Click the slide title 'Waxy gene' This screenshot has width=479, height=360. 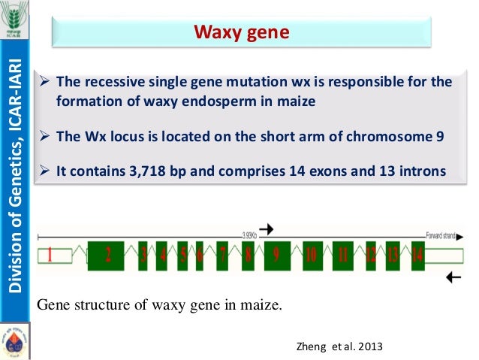pos(241,32)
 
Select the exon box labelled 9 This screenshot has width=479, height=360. pos(276,256)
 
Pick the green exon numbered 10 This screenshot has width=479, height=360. pos(311,256)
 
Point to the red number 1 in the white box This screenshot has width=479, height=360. pos(50,256)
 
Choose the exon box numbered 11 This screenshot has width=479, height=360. pos(343,256)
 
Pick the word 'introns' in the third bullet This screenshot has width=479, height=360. pos(423,171)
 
